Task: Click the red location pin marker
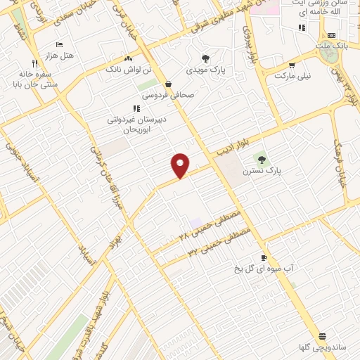181,165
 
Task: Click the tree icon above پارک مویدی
205,59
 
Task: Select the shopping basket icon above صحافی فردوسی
169,83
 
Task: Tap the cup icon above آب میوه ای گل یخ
264,258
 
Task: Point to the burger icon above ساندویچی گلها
321,336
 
